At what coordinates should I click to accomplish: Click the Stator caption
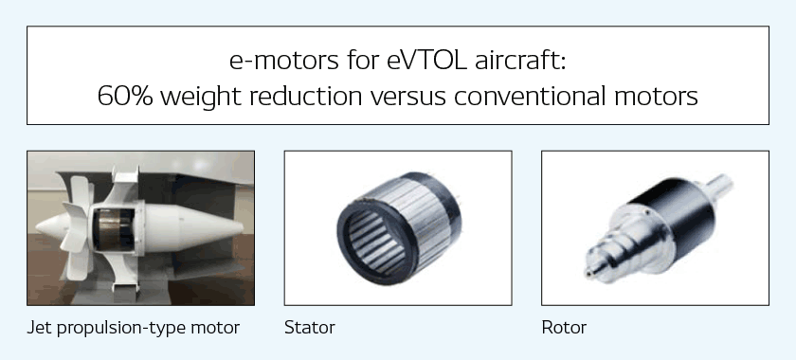click(309, 328)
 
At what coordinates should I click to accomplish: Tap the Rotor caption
click(564, 328)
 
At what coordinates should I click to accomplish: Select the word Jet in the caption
click(40, 328)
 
